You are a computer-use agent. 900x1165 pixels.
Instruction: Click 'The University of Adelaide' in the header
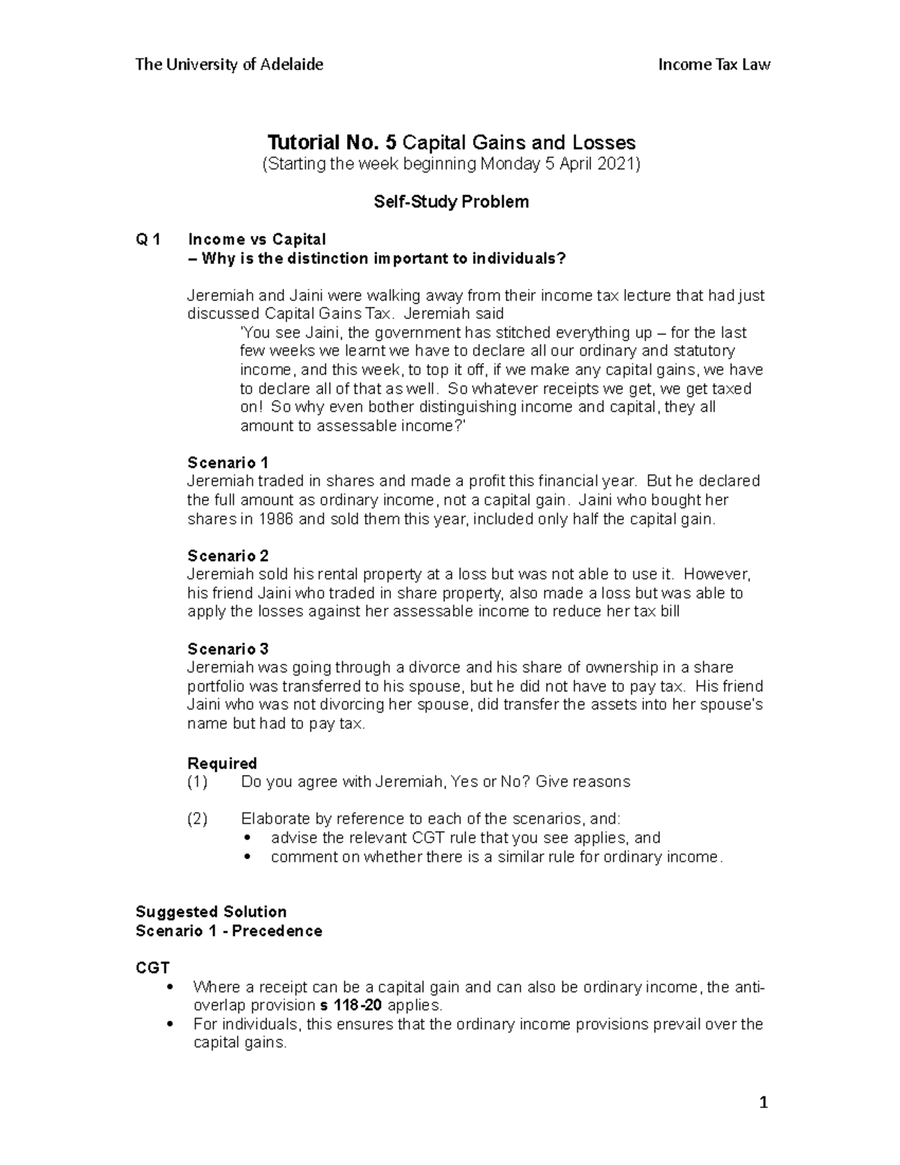pos(229,65)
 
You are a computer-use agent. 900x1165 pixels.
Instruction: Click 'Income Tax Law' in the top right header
pos(714,65)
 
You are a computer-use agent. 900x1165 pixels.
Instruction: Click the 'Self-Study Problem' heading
pos(451,202)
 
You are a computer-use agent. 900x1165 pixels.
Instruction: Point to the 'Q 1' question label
pos(148,239)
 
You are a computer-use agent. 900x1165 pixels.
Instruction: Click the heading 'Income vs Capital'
pos(256,239)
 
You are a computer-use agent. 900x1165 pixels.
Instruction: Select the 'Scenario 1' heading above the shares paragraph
pos(227,462)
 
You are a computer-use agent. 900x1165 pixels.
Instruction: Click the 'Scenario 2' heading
pos(227,556)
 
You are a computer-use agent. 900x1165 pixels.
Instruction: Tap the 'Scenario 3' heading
pos(227,649)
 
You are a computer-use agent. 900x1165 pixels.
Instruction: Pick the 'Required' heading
pos(221,763)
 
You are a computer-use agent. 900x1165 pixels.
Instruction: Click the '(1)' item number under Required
pos(196,782)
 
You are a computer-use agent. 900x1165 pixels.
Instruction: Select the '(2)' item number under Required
pos(196,818)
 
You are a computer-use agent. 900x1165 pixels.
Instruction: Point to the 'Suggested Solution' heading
pos(211,911)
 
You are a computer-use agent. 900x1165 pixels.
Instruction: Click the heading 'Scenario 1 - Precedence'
pos(229,930)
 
